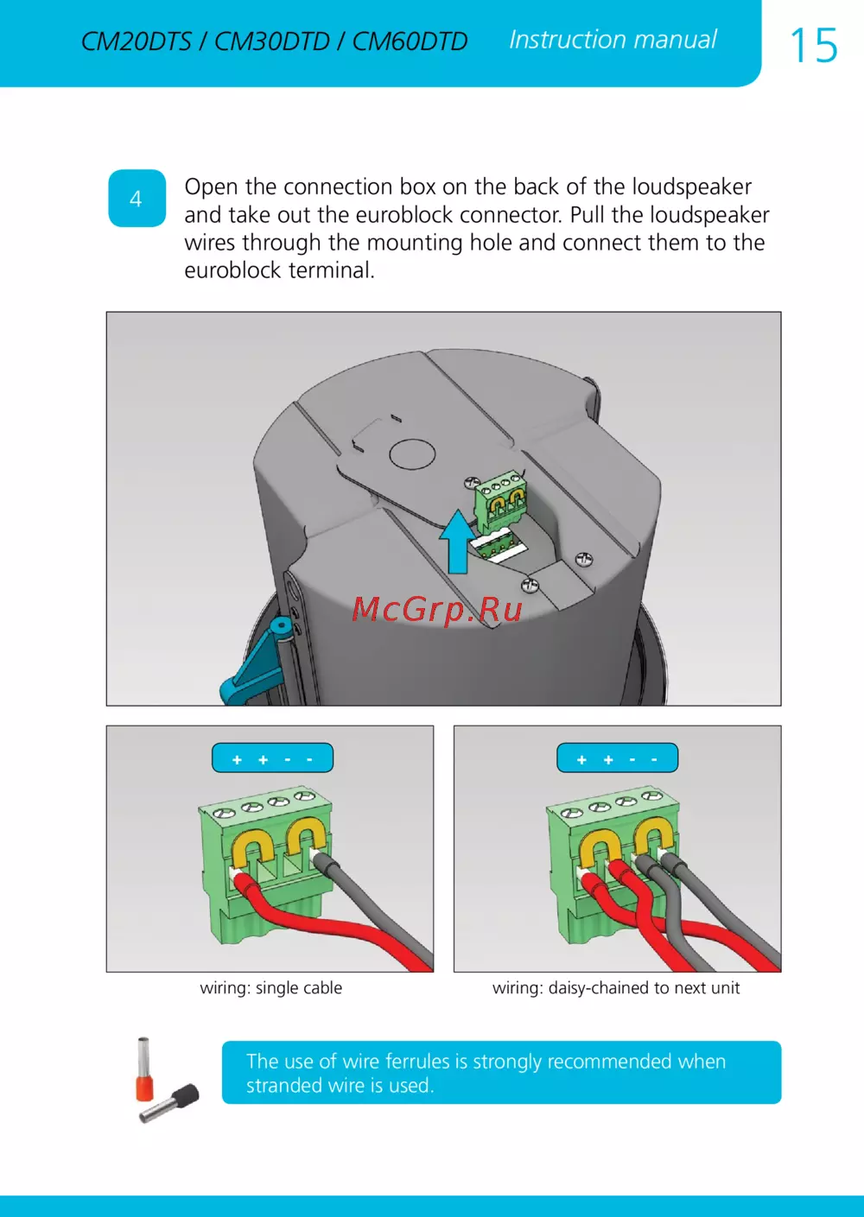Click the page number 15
tap(814, 46)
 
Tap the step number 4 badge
tap(137, 199)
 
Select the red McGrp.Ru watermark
tap(437, 609)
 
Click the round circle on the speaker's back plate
tap(412, 454)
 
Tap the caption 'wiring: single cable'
tap(270, 987)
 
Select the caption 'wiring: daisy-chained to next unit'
tap(616, 987)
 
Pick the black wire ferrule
tap(169, 1103)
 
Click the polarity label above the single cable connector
tap(272, 757)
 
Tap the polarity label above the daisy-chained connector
tap(617, 757)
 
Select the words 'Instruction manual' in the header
tap(613, 40)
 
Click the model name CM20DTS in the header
tap(136, 41)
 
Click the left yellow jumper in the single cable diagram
tap(250, 850)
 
